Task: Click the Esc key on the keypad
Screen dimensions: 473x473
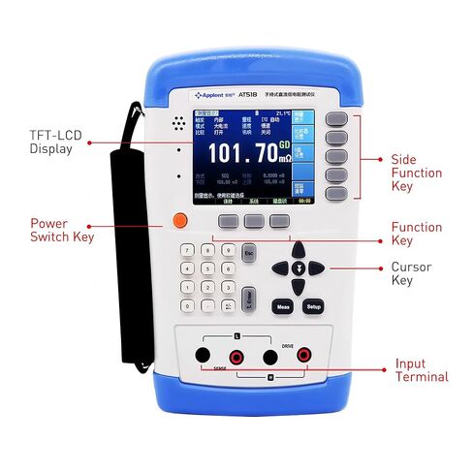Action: point(248,253)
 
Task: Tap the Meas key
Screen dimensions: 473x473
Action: point(283,305)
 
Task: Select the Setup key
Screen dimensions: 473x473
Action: point(313,305)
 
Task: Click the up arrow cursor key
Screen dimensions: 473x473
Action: point(300,249)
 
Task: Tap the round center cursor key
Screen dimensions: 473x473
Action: point(300,268)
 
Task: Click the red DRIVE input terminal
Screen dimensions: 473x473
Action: point(303,356)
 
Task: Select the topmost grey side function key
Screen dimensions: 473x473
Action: point(335,118)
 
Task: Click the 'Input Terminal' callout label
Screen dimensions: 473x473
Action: point(421,370)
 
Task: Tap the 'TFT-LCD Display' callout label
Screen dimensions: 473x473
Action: point(51,142)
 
